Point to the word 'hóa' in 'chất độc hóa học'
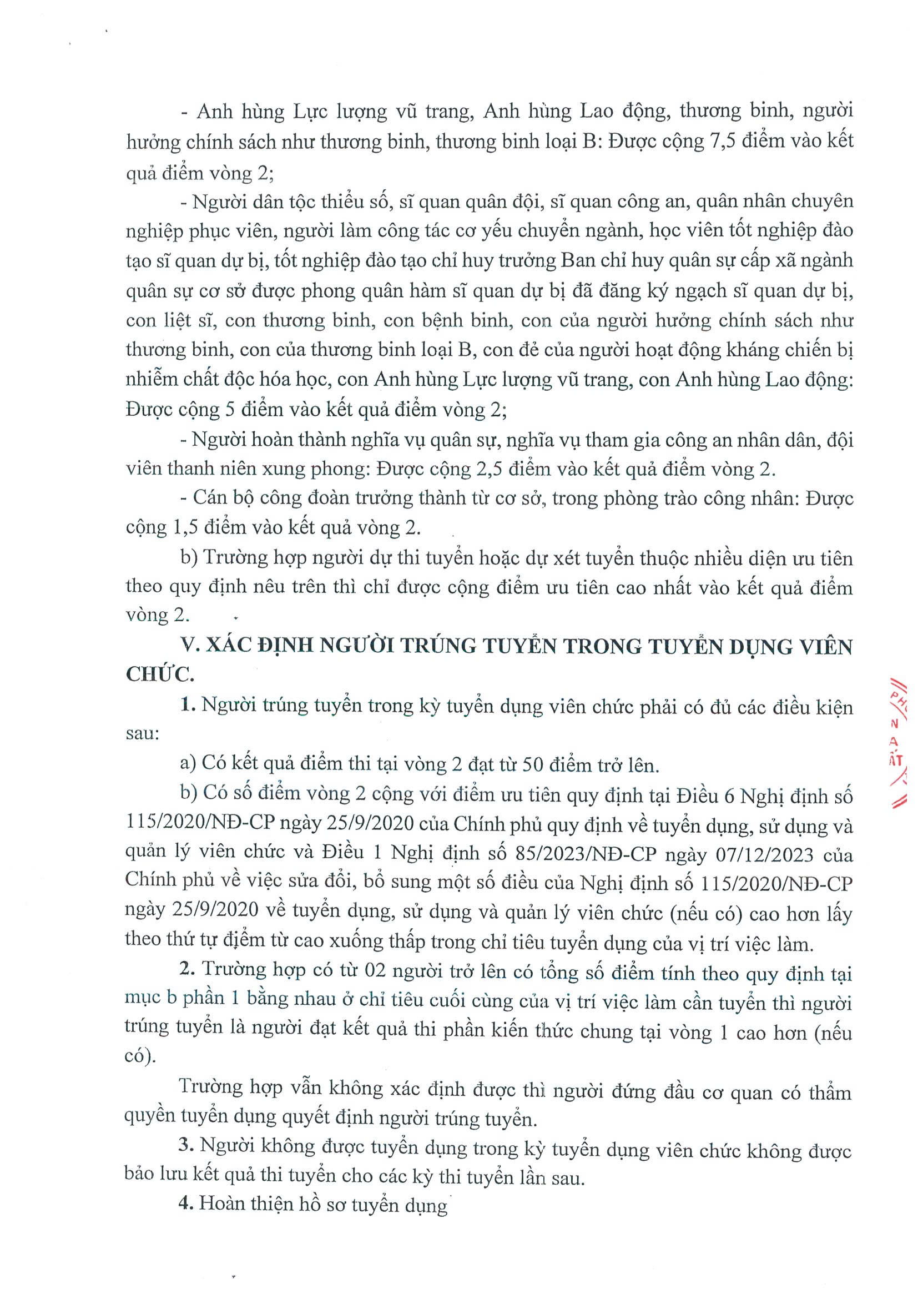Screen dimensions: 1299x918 tap(273, 380)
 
